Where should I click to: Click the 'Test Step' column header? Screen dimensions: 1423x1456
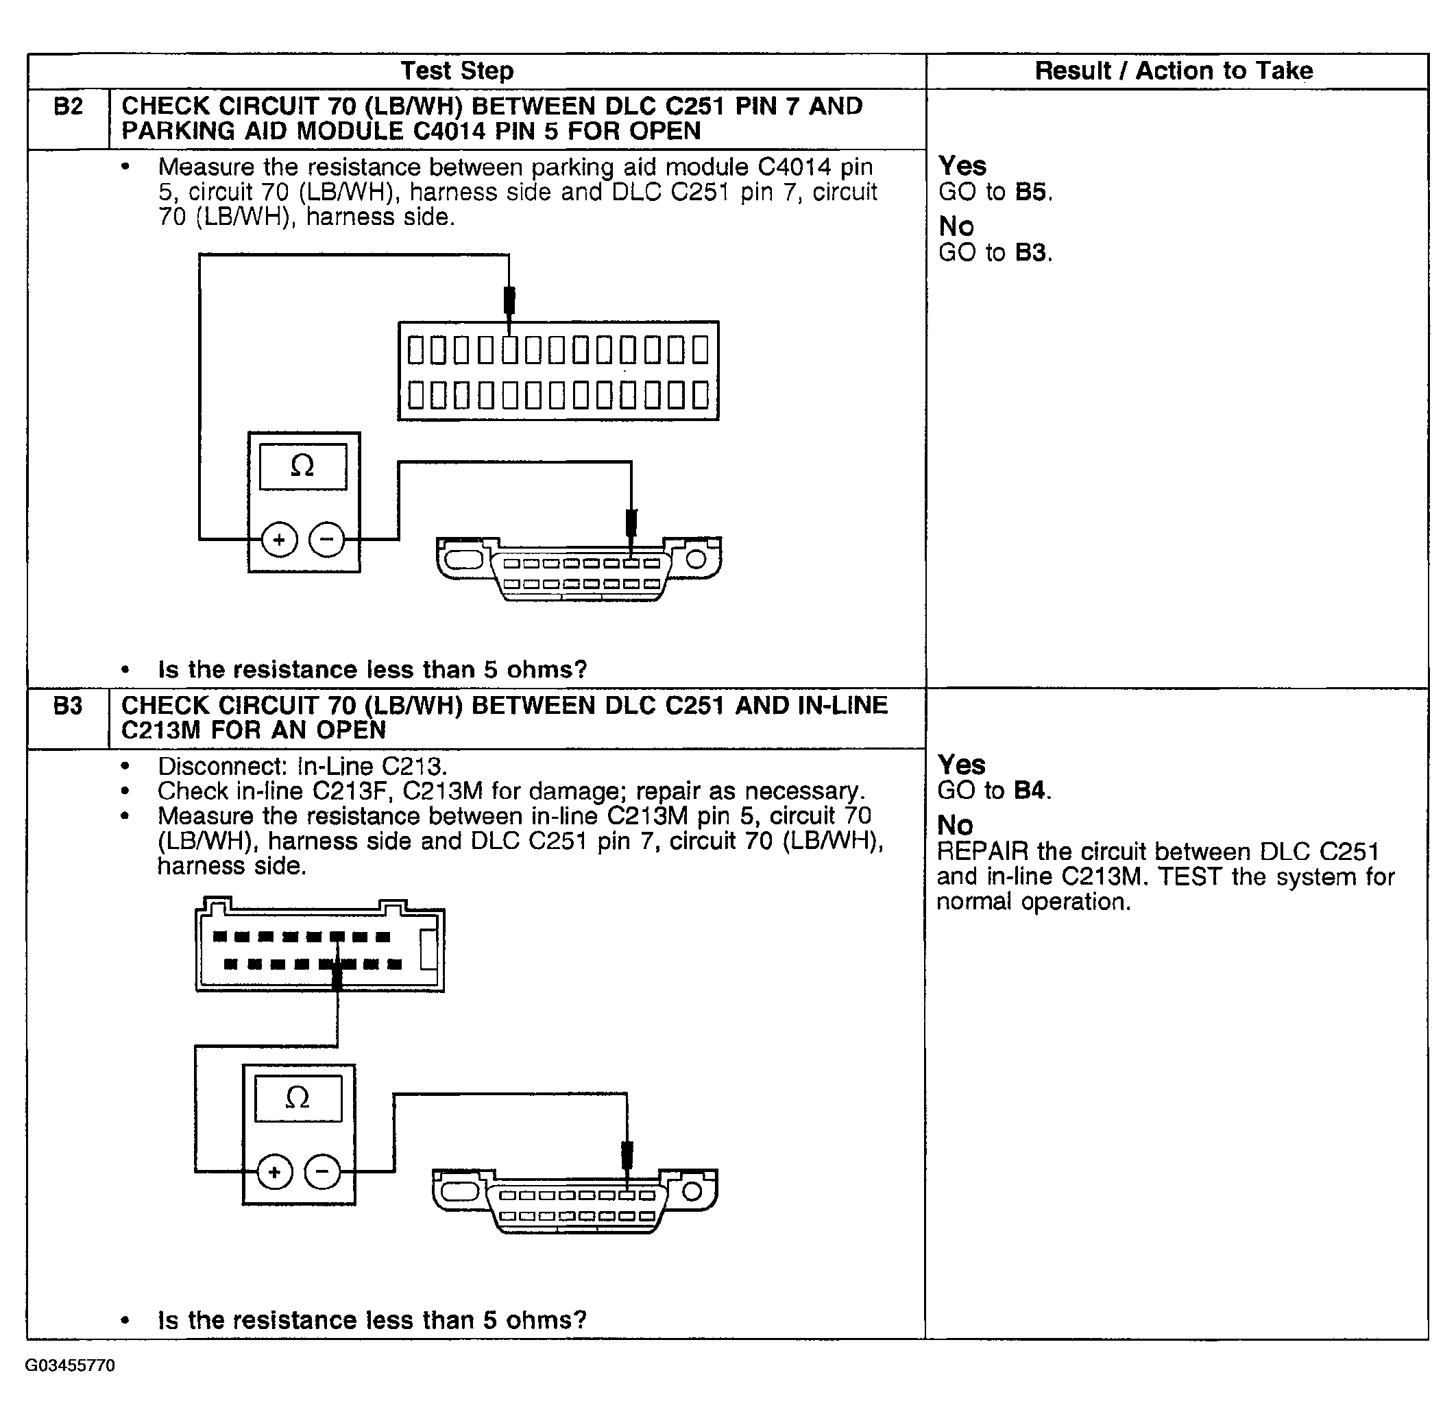tap(457, 71)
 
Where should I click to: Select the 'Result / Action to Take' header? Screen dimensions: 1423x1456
tap(1173, 71)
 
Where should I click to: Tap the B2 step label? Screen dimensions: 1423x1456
tap(68, 107)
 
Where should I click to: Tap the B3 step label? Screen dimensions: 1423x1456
tap(68, 706)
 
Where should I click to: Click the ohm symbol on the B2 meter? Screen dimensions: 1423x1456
tap(302, 466)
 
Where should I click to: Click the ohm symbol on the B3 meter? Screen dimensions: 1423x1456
tap(298, 1098)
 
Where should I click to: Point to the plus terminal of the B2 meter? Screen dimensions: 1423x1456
tap(280, 540)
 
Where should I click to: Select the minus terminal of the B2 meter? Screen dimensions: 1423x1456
tap(326, 540)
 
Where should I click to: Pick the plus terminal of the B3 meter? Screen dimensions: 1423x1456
tap(275, 1172)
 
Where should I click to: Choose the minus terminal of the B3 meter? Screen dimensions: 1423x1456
tap(322, 1172)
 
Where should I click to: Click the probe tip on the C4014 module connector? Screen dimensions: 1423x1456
tap(509, 301)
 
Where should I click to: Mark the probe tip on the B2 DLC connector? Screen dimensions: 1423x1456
tap(631, 523)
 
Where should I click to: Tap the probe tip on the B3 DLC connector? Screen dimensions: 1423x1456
tap(627, 1155)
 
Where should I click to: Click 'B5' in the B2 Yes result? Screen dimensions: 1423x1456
tap(1030, 192)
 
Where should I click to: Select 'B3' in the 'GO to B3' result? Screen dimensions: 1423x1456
tap(1030, 252)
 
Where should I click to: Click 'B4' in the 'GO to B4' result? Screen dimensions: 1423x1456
tap(1030, 790)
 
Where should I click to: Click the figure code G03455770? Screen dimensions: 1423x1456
tap(70, 1366)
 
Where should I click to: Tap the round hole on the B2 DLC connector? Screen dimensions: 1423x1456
tap(696, 559)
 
